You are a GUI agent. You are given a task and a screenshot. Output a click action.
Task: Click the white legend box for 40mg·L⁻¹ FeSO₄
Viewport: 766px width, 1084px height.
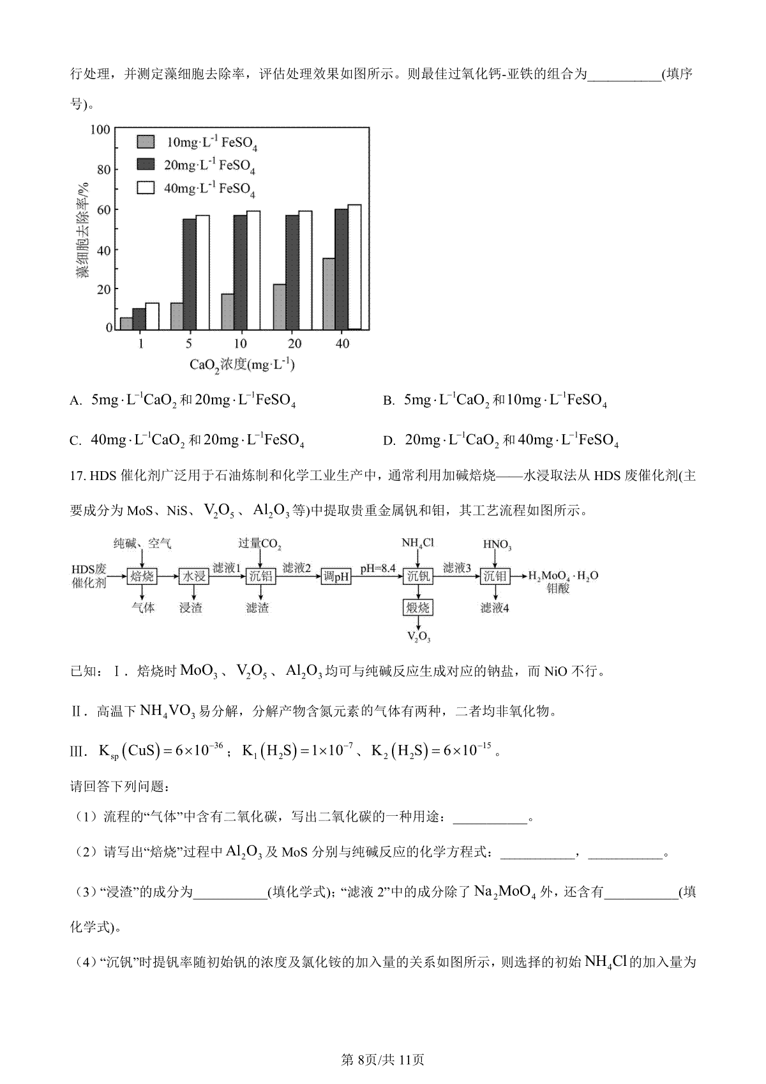[x=146, y=188]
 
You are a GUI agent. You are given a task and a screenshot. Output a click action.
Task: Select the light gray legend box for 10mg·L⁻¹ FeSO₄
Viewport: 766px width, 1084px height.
[x=146, y=142]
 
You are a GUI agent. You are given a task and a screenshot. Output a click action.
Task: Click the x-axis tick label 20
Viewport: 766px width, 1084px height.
[x=293, y=343]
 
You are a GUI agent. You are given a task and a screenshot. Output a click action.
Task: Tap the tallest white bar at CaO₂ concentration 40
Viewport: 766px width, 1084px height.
[x=354, y=267]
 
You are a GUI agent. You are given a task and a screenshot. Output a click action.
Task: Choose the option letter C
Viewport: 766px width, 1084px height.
[x=75, y=440]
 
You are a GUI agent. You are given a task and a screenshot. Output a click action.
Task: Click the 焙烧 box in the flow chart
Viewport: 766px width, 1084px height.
[x=142, y=576]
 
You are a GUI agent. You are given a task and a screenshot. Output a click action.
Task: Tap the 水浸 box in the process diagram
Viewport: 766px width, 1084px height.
[x=193, y=576]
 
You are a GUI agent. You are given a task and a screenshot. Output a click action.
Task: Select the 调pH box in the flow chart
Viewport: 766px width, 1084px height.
[x=336, y=576]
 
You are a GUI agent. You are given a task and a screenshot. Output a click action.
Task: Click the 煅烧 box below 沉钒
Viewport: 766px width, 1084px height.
[x=418, y=607]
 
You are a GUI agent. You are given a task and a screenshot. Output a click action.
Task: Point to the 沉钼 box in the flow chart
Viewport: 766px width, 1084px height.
[x=495, y=576]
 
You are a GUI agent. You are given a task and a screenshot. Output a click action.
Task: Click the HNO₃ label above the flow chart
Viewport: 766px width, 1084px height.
[x=497, y=545]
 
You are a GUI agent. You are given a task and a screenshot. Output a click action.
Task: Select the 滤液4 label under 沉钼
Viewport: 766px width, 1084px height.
[x=495, y=608]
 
